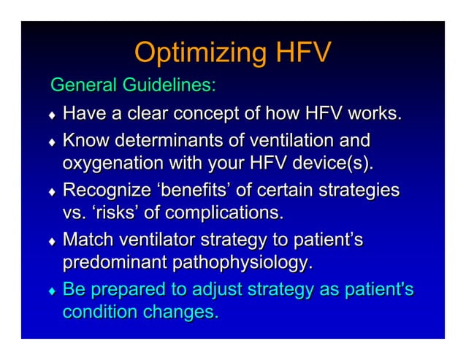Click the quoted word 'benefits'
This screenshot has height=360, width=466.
[x=202, y=191]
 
